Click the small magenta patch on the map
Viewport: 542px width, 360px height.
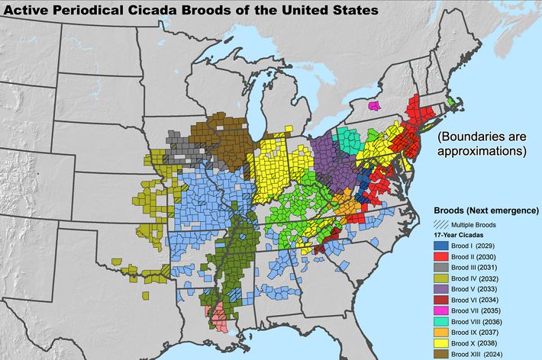click(375, 104)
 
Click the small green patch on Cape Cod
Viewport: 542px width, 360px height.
click(450, 101)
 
